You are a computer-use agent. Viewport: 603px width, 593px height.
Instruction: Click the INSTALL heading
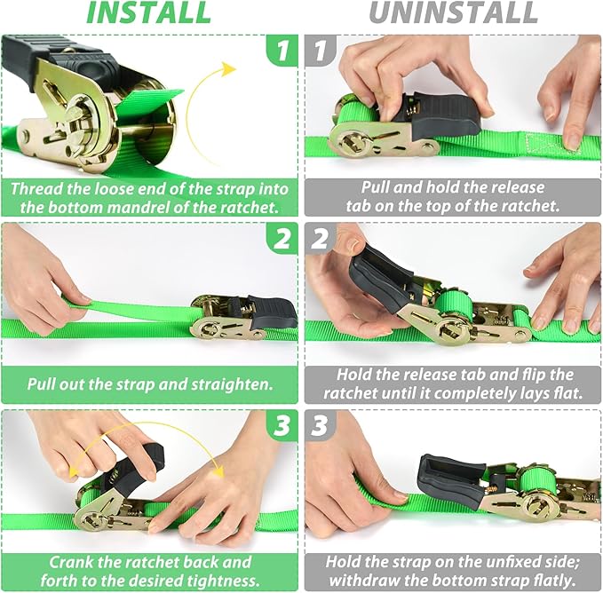(x=148, y=13)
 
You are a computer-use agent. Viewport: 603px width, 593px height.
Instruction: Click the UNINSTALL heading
(x=453, y=13)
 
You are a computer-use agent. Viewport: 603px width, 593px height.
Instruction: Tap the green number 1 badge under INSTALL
(x=282, y=51)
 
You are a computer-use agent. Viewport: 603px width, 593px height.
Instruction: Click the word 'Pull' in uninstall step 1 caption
(x=378, y=187)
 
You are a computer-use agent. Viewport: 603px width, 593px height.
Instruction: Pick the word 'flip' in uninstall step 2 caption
(x=543, y=375)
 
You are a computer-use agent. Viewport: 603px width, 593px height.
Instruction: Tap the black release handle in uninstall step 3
(x=450, y=475)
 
